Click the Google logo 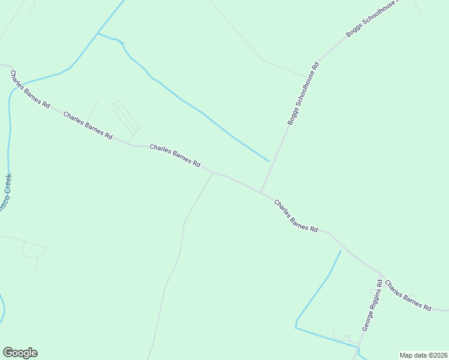coord(20,353)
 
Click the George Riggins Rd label coord(372,305)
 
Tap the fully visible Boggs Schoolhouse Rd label coord(303,92)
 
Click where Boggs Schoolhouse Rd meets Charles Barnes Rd coord(261,192)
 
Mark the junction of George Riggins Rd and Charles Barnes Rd coord(379,272)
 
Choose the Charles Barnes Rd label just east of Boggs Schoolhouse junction coord(295,215)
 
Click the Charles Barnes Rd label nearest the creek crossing coord(29,88)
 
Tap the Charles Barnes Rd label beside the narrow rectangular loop coord(88,125)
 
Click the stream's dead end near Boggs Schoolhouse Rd coord(268,161)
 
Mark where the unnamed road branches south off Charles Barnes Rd coord(213,173)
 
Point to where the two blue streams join coord(98,34)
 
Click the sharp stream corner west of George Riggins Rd coord(296,327)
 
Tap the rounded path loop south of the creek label coord(34,250)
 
